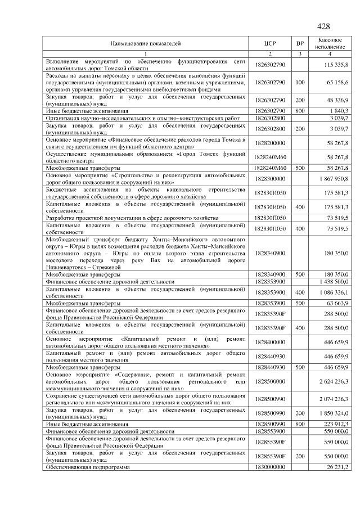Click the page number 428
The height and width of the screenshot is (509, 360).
323,26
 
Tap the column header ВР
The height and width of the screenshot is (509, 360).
300,43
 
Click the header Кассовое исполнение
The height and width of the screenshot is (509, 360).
330,43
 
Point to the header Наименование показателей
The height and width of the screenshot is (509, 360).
146,43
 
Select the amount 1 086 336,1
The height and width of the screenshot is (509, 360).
334,292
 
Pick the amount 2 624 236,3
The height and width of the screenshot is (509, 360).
332,381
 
